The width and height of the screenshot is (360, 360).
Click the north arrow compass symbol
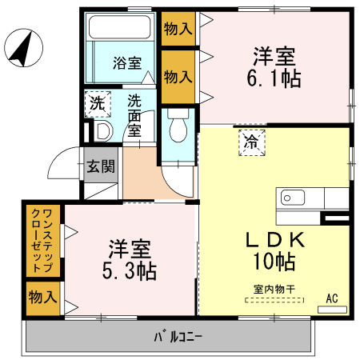tap(22, 50)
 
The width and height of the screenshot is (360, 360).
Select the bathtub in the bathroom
tap(120, 29)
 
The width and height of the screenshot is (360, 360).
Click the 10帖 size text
tap(274, 261)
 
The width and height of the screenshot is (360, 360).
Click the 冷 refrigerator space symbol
tap(251, 143)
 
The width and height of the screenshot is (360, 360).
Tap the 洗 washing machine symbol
tap(97, 103)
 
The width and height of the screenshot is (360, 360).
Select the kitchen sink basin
tap(287, 198)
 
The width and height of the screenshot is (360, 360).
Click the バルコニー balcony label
tap(178, 336)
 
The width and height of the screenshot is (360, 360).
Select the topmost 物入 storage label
tap(178, 29)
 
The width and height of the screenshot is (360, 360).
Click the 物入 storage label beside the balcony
tap(43, 297)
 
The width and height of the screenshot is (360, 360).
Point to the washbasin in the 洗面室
tap(102, 131)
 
